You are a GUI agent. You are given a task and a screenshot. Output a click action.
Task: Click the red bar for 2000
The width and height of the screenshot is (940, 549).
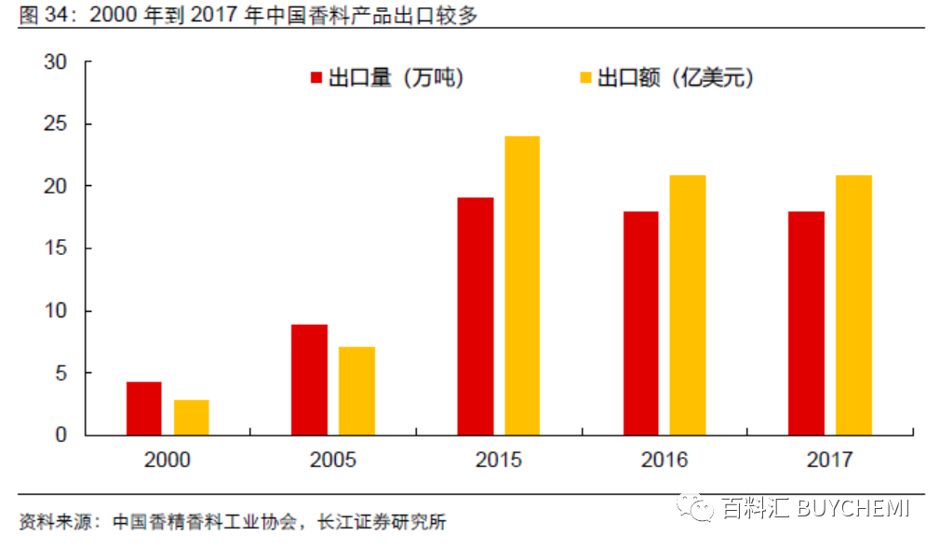pyautogui.click(x=144, y=408)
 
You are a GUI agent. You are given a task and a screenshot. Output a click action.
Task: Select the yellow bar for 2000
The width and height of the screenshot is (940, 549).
pyautogui.click(x=191, y=418)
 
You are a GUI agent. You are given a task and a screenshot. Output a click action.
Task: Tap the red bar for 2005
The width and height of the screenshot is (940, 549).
pyautogui.click(x=309, y=380)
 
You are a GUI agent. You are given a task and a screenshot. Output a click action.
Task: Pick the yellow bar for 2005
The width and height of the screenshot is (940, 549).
pyautogui.click(x=356, y=391)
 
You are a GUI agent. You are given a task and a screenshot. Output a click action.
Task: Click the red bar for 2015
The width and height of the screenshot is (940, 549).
pyautogui.click(x=476, y=316)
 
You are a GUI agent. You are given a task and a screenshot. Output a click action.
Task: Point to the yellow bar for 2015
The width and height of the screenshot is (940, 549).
pyautogui.click(x=522, y=286)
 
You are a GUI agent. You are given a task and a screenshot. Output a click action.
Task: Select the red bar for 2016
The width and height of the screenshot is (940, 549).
pyautogui.click(x=641, y=323)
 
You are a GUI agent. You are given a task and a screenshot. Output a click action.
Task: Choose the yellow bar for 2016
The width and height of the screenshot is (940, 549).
pyautogui.click(x=688, y=305)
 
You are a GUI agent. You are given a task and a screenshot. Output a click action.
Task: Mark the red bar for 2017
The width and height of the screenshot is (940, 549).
pyautogui.click(x=807, y=323)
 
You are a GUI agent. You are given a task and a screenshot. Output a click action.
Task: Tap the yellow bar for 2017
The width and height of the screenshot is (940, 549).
pyautogui.click(x=853, y=305)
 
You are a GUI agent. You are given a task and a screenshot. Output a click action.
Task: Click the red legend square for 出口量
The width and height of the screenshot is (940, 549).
pyautogui.click(x=316, y=78)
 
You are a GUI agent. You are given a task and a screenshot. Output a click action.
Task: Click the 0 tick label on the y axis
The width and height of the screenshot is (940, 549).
pyautogui.click(x=62, y=435)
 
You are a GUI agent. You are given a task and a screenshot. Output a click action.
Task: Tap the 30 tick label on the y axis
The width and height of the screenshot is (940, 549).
pyautogui.click(x=56, y=62)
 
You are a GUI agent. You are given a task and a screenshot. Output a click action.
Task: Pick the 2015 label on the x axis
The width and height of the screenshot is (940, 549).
pyautogui.click(x=499, y=461)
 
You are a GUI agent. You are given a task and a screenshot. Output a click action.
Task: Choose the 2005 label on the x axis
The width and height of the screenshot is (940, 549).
pyautogui.click(x=333, y=461)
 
